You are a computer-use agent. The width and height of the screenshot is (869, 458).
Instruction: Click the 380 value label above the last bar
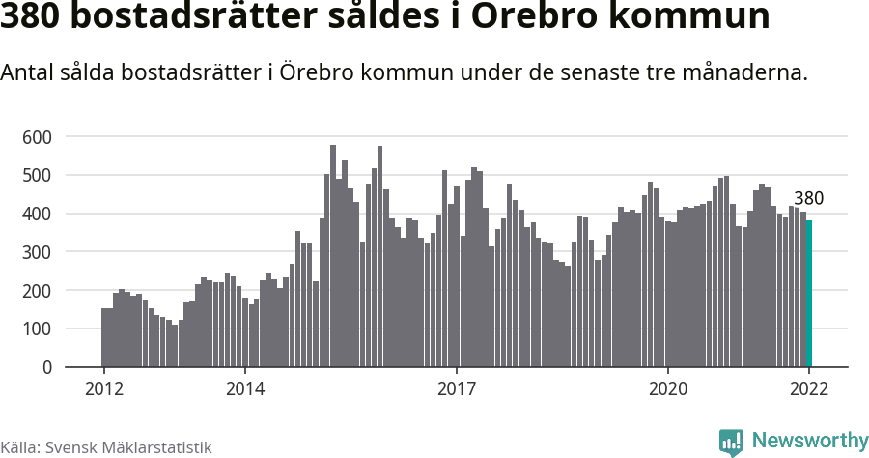[x=808, y=199]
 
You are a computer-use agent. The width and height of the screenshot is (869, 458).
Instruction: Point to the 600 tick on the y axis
[x=37, y=137]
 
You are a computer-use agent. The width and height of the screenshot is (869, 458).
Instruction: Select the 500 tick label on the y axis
[x=37, y=176]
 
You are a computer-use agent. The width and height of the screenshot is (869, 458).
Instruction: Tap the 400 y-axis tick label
[x=37, y=214]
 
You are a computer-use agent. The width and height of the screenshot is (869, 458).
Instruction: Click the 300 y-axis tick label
[x=37, y=252]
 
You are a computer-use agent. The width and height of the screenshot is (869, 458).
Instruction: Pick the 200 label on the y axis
[x=37, y=291]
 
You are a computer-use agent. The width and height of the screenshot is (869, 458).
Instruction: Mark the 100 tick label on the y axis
[x=37, y=329]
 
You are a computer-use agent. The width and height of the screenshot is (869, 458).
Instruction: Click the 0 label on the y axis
[x=45, y=367]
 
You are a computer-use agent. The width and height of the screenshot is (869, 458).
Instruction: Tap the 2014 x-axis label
[x=245, y=389]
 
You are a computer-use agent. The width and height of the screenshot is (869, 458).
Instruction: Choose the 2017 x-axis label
[x=456, y=389]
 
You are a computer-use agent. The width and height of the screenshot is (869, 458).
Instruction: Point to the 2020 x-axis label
[x=667, y=389]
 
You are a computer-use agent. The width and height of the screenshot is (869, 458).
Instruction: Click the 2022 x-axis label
[x=809, y=389]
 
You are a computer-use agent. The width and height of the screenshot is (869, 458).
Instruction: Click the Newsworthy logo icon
[x=731, y=442]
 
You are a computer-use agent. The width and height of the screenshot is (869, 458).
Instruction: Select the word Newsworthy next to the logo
[x=809, y=441]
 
